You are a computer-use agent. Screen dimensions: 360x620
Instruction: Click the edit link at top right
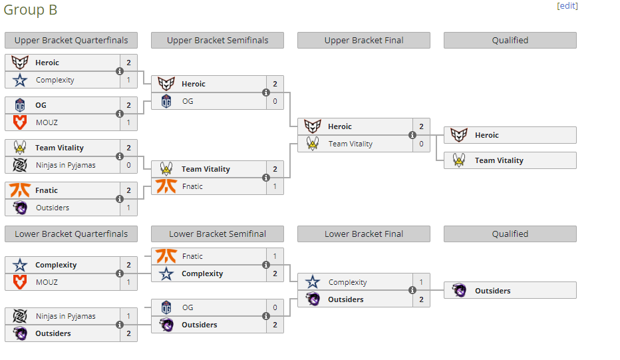pyautogui.click(x=567, y=6)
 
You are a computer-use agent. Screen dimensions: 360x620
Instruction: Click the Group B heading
pyautogui.click(x=31, y=10)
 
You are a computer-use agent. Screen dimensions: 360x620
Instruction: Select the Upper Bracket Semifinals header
pyautogui.click(x=218, y=41)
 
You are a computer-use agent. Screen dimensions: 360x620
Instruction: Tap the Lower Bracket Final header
pyautogui.click(x=364, y=234)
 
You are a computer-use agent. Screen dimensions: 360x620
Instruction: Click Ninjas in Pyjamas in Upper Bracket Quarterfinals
pyautogui.click(x=65, y=165)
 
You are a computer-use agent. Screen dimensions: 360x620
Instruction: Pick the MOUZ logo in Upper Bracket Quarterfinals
pyautogui.click(x=20, y=122)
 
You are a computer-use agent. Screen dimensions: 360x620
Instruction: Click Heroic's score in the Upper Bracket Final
pyautogui.click(x=421, y=126)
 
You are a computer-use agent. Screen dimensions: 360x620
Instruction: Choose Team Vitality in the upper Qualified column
pyautogui.click(x=499, y=160)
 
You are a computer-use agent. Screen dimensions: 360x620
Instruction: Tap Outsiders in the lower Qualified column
pyautogui.click(x=493, y=291)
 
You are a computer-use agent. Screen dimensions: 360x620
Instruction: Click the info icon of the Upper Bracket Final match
pyautogui.click(x=412, y=135)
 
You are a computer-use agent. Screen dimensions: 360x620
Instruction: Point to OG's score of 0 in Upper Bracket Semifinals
pyautogui.click(x=275, y=101)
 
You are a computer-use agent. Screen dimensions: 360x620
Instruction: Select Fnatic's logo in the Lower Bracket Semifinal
pyautogui.click(x=166, y=256)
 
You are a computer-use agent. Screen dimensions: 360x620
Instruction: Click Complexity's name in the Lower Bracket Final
pyautogui.click(x=347, y=282)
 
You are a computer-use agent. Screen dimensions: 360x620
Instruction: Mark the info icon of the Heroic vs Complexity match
pyautogui.click(x=120, y=71)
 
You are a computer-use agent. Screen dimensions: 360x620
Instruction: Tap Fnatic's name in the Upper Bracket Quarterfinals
pyautogui.click(x=47, y=190)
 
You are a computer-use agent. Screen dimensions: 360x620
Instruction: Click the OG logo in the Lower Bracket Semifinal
pyautogui.click(x=166, y=307)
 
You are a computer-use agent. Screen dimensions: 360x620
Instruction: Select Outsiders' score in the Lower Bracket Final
pyautogui.click(x=421, y=299)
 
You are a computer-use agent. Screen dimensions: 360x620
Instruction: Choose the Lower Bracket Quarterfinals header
pyautogui.click(x=71, y=234)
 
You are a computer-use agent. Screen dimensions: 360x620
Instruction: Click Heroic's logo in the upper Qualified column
pyautogui.click(x=459, y=135)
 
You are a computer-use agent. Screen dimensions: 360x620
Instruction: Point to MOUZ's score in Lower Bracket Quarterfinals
pyautogui.click(x=128, y=282)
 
